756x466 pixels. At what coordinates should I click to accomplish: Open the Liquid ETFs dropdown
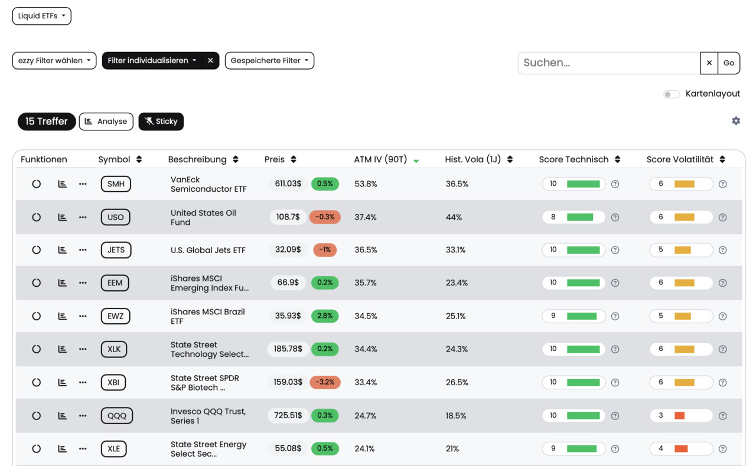(x=41, y=16)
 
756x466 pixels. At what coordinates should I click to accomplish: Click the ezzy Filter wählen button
(x=54, y=61)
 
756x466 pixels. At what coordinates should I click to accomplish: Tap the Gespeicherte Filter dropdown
(x=269, y=61)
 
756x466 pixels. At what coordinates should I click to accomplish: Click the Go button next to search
(x=729, y=63)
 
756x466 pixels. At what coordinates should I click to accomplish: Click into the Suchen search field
(x=609, y=63)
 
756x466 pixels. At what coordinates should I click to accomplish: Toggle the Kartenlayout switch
(x=672, y=94)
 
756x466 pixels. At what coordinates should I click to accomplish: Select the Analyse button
(x=106, y=122)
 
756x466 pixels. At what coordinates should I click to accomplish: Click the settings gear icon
(x=736, y=121)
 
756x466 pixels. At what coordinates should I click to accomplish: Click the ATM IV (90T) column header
(x=380, y=159)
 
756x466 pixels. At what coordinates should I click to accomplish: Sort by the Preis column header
(x=275, y=159)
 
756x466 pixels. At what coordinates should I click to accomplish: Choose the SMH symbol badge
(x=116, y=184)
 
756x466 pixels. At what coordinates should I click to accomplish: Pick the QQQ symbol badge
(x=117, y=415)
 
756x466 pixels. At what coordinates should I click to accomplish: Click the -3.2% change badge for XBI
(x=325, y=382)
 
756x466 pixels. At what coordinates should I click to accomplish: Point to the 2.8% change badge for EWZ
(x=325, y=316)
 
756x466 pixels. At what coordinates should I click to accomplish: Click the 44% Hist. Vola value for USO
(x=454, y=217)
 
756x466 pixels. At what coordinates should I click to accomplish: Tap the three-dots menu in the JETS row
(x=83, y=250)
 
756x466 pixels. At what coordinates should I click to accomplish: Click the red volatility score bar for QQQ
(x=679, y=415)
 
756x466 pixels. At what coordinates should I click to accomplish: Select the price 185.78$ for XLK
(x=288, y=349)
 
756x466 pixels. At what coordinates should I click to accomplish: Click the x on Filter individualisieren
(x=210, y=61)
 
